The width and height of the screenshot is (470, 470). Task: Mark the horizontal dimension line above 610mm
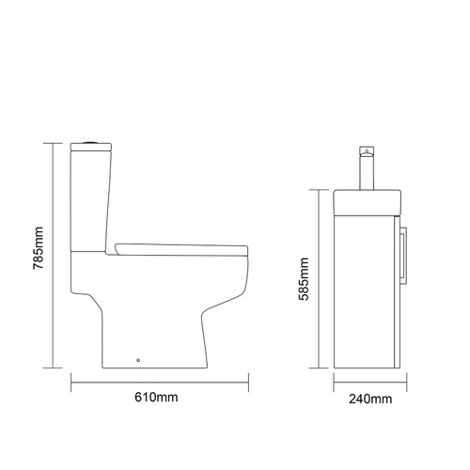(161, 382)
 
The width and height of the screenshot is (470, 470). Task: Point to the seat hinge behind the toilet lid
(119, 246)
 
